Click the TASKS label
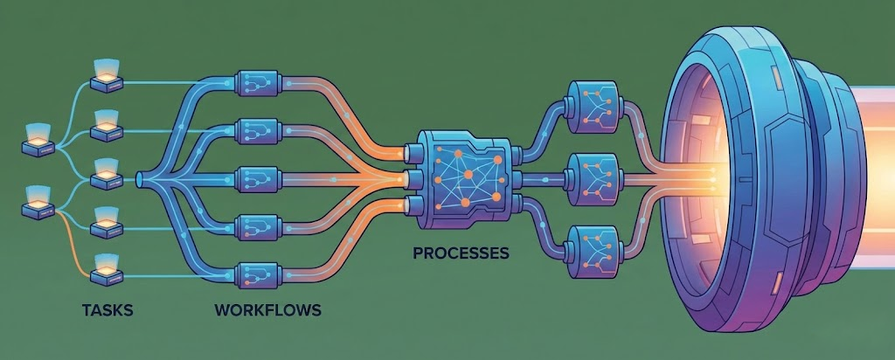[108, 309]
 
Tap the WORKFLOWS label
[267, 309]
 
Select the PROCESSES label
[461, 254]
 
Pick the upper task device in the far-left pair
[39, 139]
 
